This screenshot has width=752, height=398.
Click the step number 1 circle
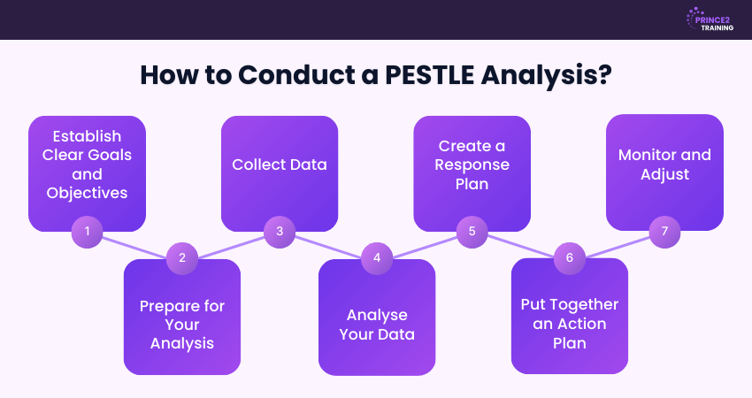(87, 232)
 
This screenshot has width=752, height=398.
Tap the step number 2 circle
(182, 258)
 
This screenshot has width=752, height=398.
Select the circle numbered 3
(280, 232)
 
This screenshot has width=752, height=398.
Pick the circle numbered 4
(377, 258)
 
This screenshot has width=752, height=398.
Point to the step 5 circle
(472, 232)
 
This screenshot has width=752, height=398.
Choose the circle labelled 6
(570, 258)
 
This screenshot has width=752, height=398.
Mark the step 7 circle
(665, 232)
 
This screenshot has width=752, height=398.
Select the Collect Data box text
(280, 165)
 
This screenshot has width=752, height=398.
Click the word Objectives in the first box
(87, 193)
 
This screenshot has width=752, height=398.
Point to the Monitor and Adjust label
(664, 165)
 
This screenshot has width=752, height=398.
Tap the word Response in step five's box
(472, 165)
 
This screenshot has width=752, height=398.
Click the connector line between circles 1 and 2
(134, 245)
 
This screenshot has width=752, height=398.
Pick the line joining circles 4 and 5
(425, 245)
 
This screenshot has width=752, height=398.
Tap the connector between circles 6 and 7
(618, 245)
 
